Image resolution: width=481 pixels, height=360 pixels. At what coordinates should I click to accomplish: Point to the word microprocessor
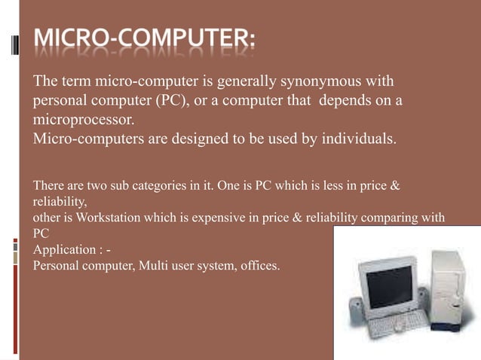83,120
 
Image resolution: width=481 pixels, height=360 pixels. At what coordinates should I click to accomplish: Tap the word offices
259,264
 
